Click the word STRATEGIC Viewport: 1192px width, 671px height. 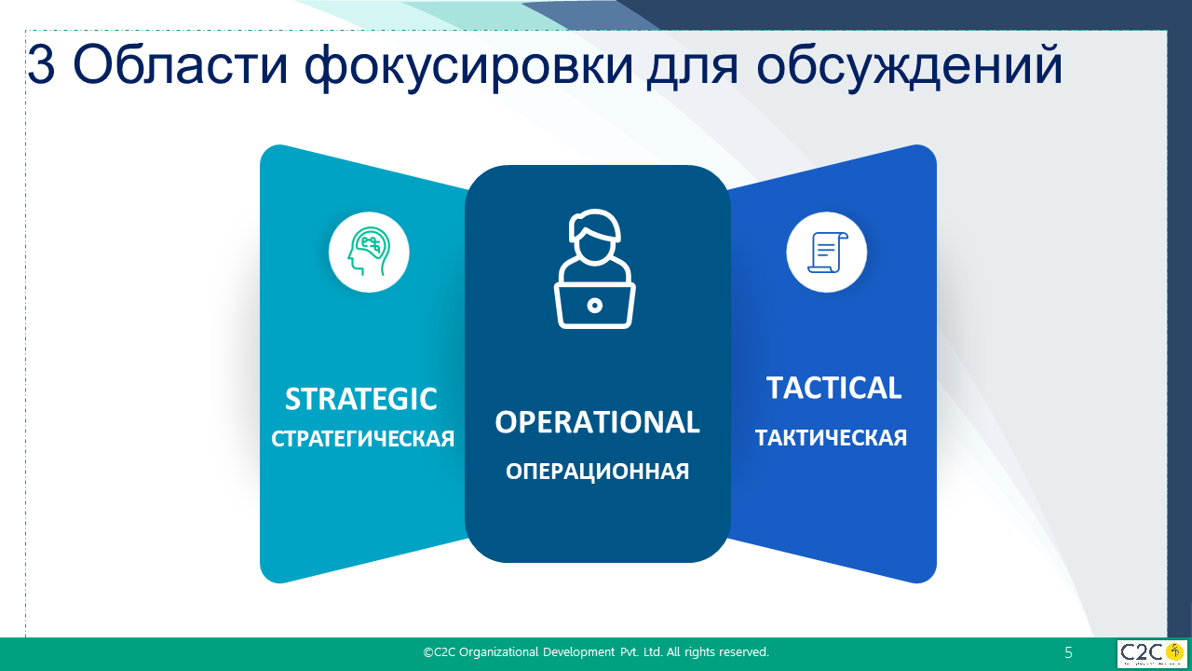(360, 399)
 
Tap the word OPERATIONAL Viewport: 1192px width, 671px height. (597, 422)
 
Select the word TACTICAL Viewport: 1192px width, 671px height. (833, 388)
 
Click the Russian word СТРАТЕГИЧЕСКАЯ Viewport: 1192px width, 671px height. (363, 439)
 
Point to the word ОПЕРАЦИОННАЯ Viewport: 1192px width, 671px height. (597, 472)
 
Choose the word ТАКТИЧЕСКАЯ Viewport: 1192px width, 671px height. (831, 438)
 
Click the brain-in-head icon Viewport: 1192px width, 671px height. (369, 252)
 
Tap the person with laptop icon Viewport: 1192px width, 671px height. (595, 269)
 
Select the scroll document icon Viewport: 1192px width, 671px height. (828, 253)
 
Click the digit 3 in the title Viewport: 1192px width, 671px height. (41, 65)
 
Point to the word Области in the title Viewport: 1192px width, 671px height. (180, 65)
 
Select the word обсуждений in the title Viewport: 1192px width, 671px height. (910, 68)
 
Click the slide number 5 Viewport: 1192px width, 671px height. (1068, 652)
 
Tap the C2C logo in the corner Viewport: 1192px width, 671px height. (1152, 654)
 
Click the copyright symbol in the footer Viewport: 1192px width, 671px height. (427, 652)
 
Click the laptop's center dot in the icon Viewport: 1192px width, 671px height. (595, 306)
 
